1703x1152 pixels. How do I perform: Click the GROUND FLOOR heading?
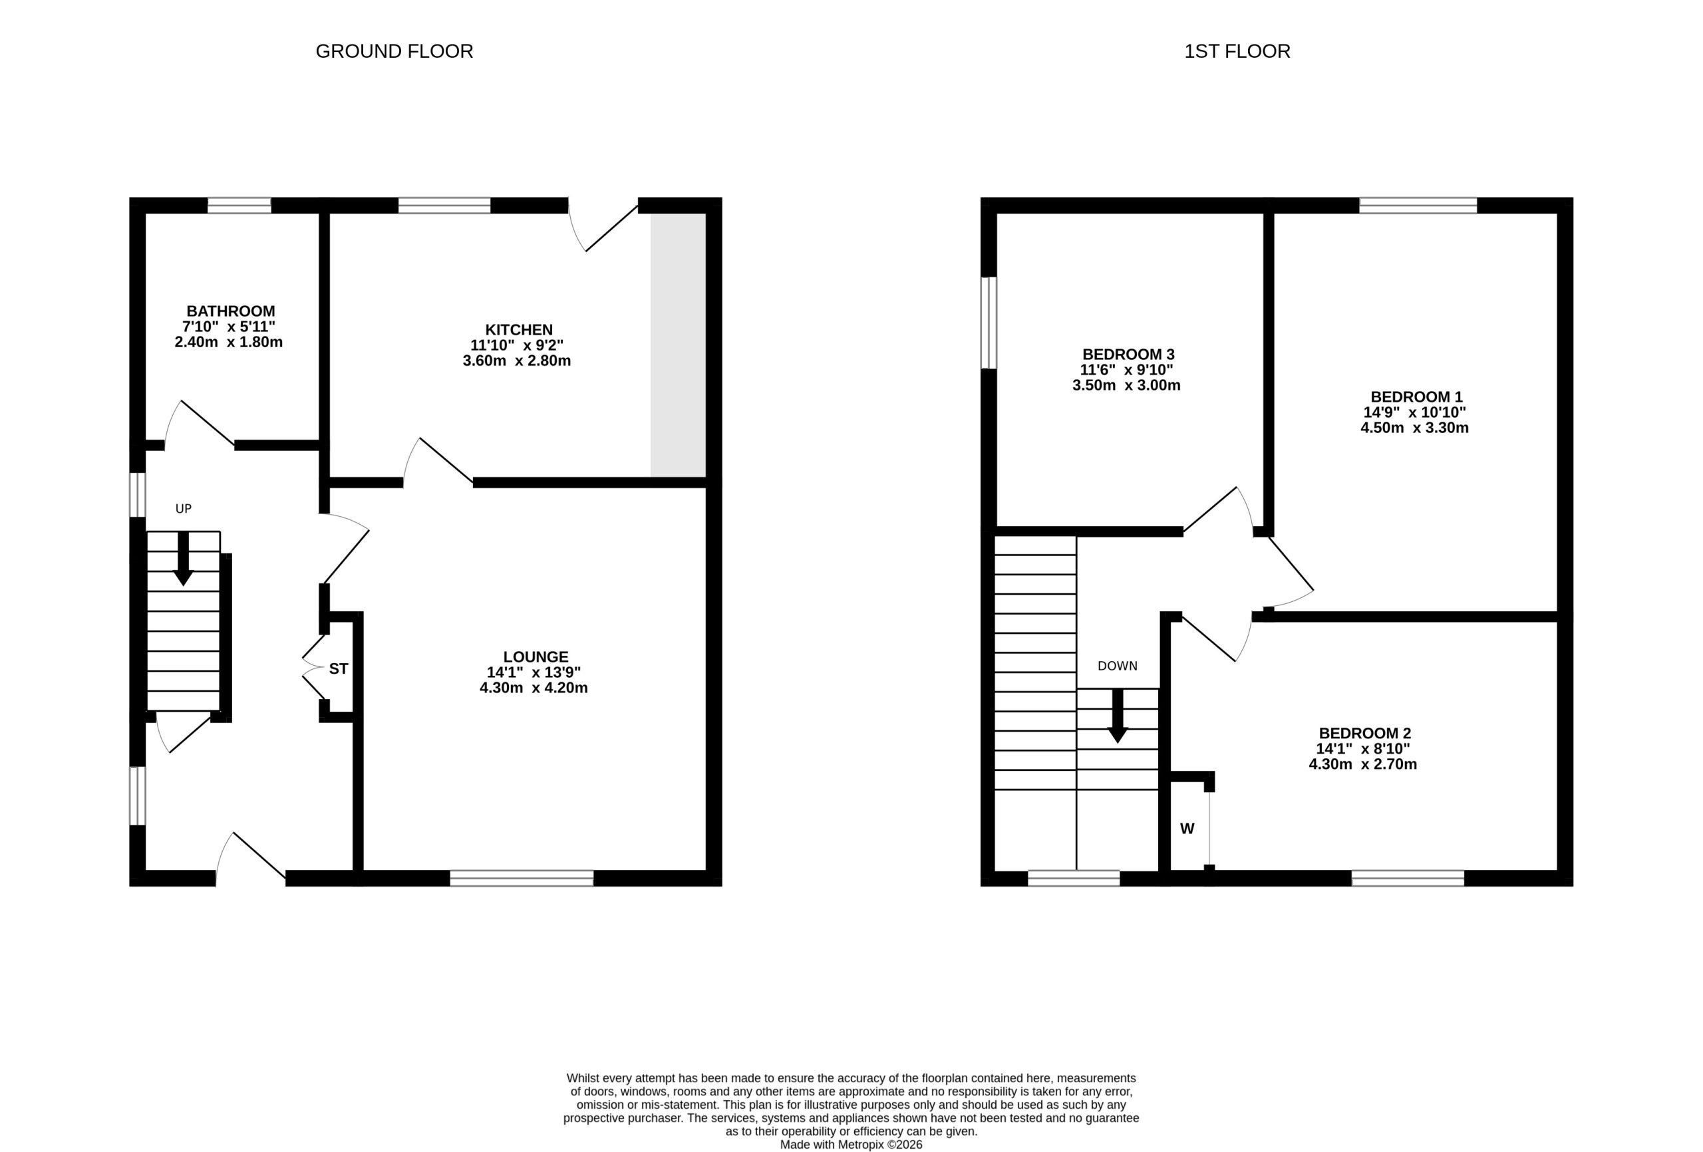point(394,51)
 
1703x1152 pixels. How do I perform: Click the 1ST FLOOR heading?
point(1237,51)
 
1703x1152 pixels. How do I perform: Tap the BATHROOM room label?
point(230,311)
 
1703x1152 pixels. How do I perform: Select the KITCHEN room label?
point(519,330)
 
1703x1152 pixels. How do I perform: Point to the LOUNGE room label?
point(536,656)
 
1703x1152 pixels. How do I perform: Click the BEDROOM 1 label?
point(1416,396)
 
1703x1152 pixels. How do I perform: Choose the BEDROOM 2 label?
point(1364,733)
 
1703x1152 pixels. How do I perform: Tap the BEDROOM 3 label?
point(1128,354)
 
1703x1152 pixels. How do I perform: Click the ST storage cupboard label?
point(339,669)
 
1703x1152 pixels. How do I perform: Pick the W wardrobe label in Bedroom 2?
point(1187,829)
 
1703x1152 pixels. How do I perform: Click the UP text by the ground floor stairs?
point(183,509)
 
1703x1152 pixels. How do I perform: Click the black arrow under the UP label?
point(183,559)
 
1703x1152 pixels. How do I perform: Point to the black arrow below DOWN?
point(1118,716)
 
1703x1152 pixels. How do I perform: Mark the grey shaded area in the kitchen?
point(678,345)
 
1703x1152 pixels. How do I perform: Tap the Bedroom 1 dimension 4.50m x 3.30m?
point(1414,428)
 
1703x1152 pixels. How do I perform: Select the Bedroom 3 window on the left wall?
point(989,323)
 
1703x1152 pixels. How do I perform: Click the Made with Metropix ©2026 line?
point(851,1145)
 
